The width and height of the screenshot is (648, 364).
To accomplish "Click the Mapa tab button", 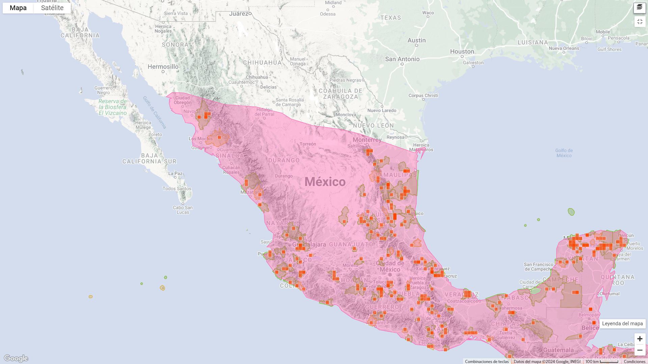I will coord(18,8).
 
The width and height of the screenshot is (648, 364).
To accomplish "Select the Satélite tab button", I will coord(52,8).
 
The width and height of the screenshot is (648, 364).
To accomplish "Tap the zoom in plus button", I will coord(640,339).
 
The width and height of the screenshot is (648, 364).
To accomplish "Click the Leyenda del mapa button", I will coord(622,324).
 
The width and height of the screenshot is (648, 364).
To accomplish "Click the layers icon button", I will coord(640,7).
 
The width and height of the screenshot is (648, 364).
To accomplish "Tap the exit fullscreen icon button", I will coord(640,22).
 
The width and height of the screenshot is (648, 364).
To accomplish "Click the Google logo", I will coord(16,358).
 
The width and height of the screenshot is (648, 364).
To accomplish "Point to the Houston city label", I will coord(462,52).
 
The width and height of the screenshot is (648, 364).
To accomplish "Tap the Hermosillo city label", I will coord(163,67).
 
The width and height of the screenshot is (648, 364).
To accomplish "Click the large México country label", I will coord(325,182).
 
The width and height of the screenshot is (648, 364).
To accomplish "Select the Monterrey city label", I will coord(367,140).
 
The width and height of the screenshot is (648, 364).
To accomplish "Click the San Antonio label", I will coord(402,59).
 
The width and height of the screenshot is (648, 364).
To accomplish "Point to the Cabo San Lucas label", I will coord(183,210).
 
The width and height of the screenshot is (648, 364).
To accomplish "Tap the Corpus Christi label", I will coord(423,95).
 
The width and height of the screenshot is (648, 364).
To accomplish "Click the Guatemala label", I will coord(558,350).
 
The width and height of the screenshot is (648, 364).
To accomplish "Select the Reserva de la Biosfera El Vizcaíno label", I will coord(113,107).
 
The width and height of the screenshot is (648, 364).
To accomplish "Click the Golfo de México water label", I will coord(564,153).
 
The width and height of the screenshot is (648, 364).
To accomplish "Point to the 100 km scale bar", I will coord(602,361).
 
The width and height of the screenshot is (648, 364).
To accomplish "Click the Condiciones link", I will coord(634,361).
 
